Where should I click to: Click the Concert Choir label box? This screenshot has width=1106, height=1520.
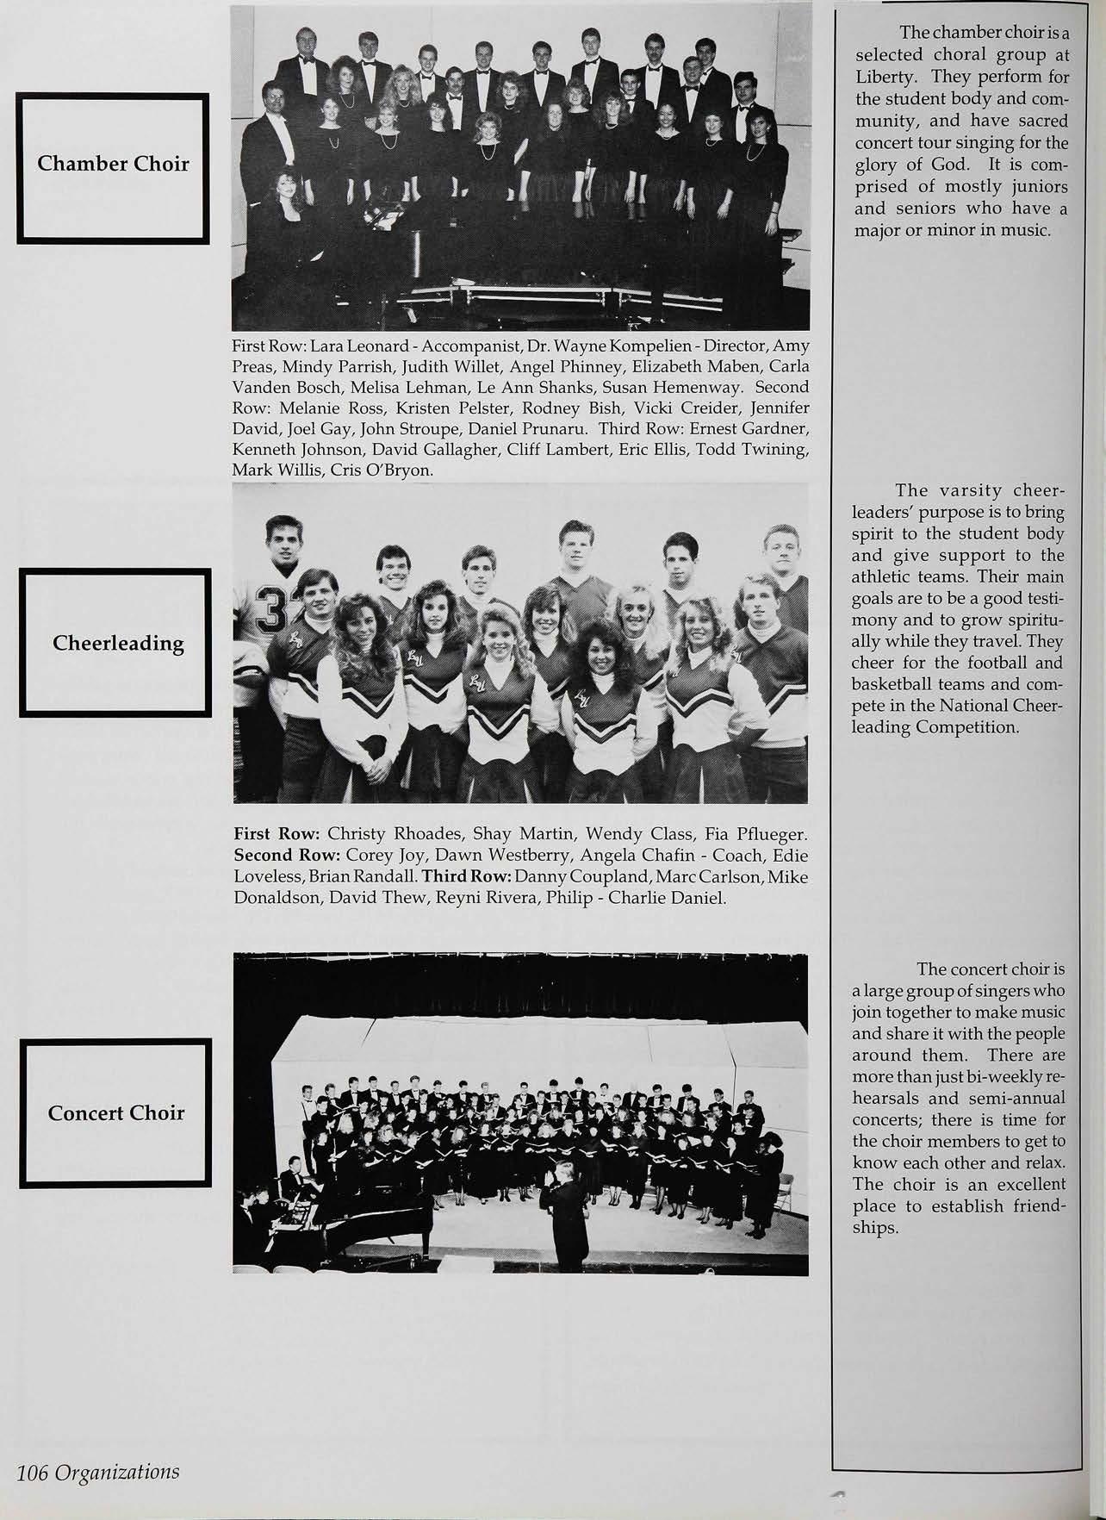[x=116, y=1113]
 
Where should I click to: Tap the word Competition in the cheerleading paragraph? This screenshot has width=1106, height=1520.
[x=971, y=726]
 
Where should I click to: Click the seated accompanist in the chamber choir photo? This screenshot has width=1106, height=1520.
[x=284, y=207]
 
